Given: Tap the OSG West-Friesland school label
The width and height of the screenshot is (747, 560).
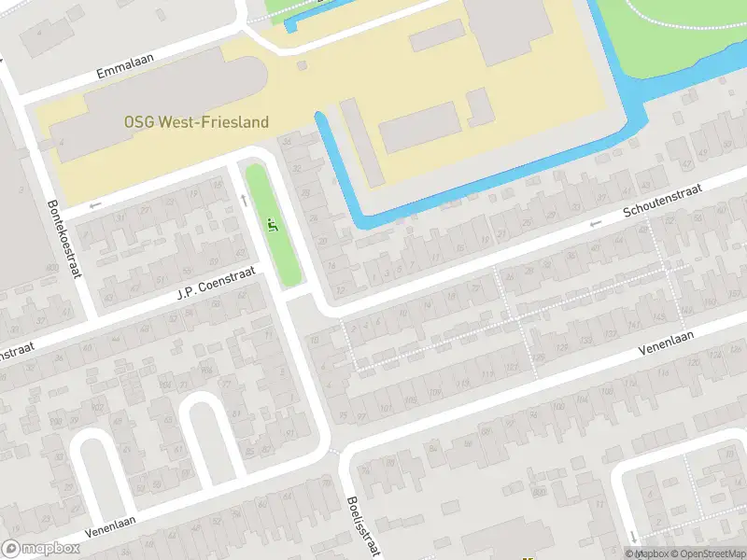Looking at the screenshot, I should click(196, 122).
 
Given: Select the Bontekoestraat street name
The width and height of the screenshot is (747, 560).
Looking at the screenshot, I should click(64, 240).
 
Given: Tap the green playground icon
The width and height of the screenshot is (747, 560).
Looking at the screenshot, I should click(273, 225).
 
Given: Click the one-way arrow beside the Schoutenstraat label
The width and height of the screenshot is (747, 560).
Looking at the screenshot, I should click(595, 224).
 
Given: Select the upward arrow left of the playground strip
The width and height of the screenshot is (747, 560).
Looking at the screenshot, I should click(244, 198).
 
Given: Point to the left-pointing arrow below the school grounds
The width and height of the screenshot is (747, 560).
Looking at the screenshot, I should click(94, 204).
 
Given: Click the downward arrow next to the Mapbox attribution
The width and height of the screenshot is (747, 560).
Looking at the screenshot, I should click(633, 536).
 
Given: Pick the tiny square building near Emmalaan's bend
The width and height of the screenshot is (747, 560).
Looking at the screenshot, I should click(302, 65).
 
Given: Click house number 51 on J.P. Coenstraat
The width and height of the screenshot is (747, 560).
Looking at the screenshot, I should click(162, 279).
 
